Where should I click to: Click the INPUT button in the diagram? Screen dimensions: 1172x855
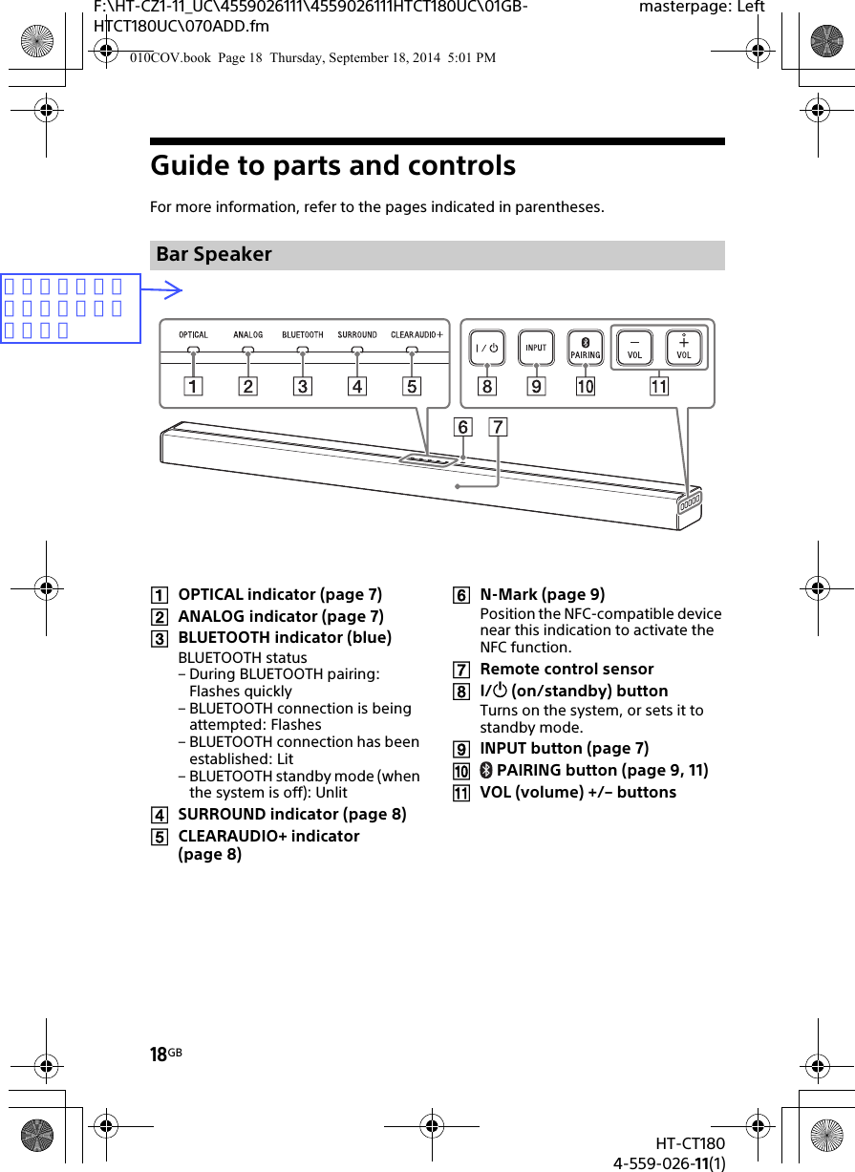point(536,348)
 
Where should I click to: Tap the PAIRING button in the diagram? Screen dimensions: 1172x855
point(586,348)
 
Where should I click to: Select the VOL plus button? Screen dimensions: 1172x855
point(684,347)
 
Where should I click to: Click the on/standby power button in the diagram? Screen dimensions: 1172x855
point(487,348)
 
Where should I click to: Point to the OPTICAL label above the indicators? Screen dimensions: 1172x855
point(193,335)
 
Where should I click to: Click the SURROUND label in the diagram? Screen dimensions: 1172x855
point(357,335)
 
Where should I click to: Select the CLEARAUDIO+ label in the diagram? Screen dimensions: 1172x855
point(417,335)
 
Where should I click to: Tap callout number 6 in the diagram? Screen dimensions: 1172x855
point(462,428)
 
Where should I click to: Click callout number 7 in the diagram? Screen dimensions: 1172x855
point(498,428)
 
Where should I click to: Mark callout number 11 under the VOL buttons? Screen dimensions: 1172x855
point(659,387)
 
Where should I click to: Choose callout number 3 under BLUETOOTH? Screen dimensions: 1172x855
point(303,387)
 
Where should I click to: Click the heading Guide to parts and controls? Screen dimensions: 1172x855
point(333,166)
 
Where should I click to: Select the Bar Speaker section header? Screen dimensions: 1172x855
point(214,255)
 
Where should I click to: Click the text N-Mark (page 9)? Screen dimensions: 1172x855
point(542,594)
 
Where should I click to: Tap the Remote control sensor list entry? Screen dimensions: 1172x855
point(566,669)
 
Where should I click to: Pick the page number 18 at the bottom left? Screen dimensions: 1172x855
point(159,1055)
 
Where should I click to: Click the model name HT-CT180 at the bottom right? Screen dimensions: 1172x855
point(690,1143)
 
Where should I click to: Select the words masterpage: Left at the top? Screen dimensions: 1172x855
point(701,8)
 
